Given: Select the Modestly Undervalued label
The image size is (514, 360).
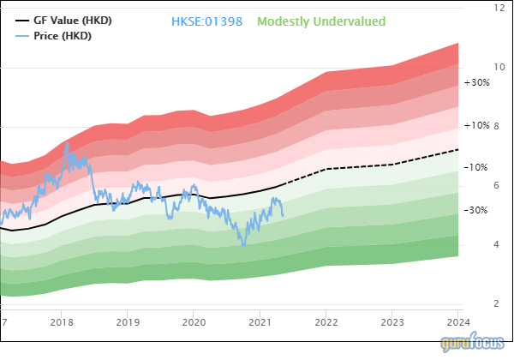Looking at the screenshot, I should [321, 21].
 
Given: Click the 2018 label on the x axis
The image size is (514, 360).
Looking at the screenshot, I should [62, 322].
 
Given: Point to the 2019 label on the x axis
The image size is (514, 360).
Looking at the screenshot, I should [128, 322].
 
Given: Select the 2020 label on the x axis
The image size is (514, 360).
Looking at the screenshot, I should [194, 322].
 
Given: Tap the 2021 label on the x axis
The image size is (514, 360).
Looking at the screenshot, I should [260, 322].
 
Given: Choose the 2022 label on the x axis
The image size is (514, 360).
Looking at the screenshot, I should [326, 322].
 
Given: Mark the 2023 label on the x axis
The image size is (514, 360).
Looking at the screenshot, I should [391, 322].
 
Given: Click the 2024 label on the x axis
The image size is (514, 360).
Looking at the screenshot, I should [457, 322].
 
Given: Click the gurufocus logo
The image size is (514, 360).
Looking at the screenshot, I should [474, 344].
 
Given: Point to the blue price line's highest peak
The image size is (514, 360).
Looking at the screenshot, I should [67, 142].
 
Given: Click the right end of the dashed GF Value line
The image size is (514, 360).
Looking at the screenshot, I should [458, 150].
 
